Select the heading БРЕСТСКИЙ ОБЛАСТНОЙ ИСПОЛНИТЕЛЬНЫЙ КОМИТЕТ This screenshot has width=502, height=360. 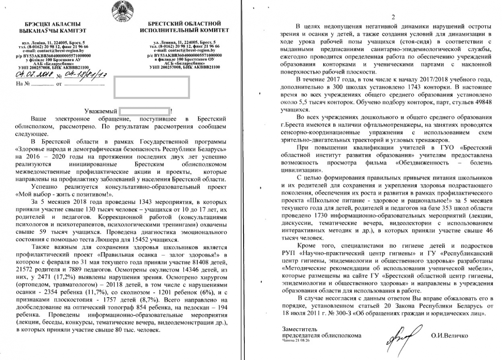[x=184, y=27]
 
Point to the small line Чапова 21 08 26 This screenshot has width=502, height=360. [x=296, y=341]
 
